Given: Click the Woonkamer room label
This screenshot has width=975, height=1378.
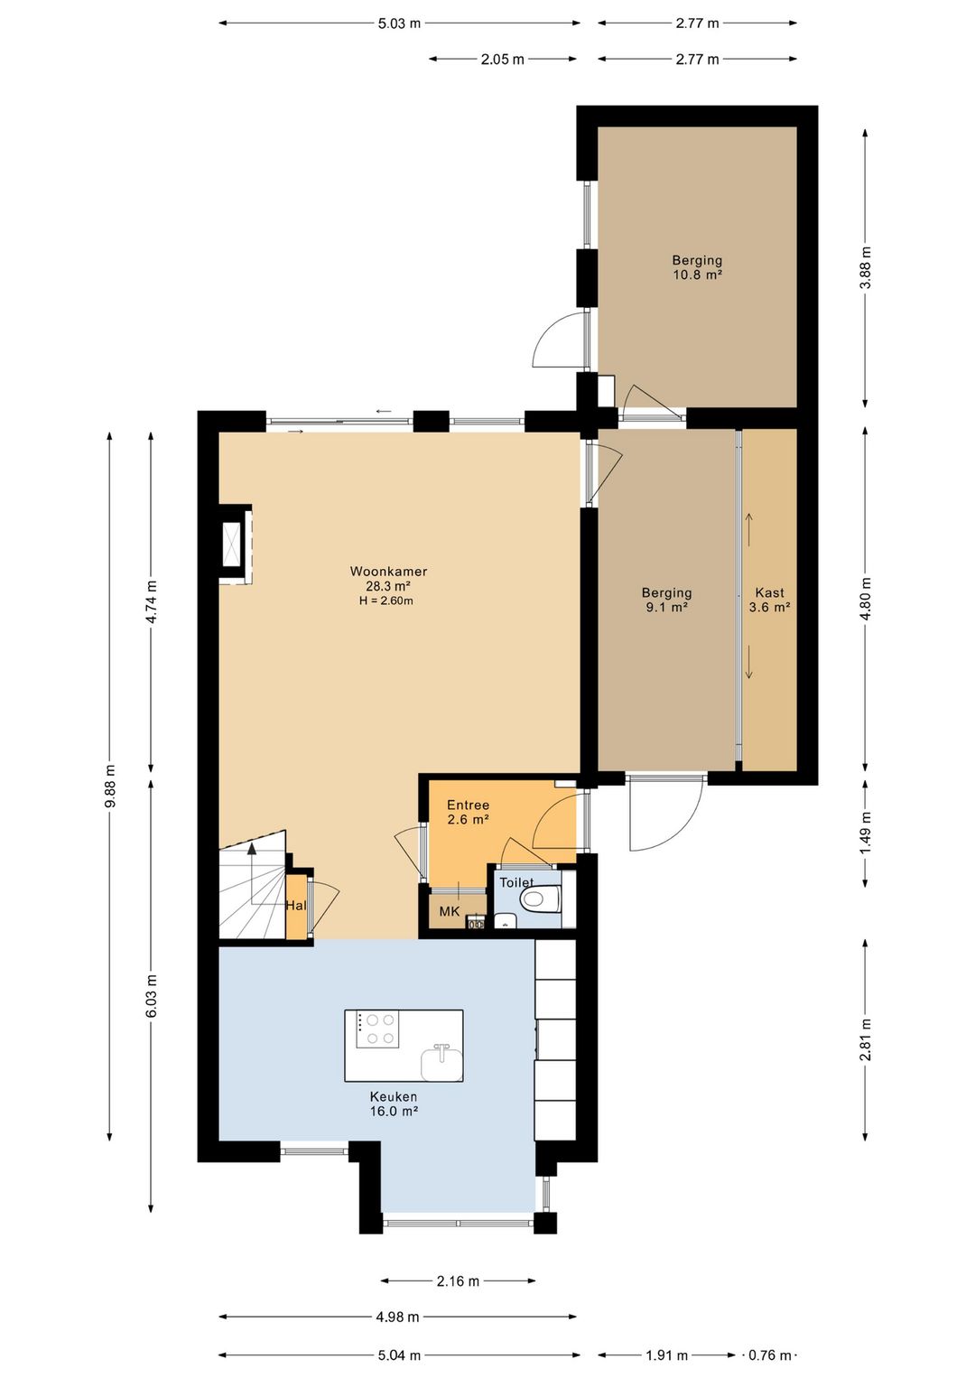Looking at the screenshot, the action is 388,571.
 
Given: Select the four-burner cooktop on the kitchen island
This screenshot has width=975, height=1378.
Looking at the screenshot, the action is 377,1029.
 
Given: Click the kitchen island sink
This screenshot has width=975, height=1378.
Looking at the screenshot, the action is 441,1063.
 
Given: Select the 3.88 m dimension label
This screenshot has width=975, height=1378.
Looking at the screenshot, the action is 866,267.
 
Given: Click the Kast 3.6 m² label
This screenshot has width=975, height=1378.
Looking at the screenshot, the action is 769,600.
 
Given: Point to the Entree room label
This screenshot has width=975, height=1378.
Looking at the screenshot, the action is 469,805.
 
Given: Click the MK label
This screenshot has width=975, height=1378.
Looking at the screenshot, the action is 449,912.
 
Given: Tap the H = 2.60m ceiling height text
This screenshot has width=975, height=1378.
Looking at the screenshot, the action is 386,601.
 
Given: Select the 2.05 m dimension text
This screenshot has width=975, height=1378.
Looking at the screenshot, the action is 503,59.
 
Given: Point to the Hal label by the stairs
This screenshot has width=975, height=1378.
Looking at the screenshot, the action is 296,905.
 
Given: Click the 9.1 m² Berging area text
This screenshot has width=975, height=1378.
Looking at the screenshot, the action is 667,607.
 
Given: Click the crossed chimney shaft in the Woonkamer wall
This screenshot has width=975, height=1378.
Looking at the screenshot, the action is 233,544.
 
